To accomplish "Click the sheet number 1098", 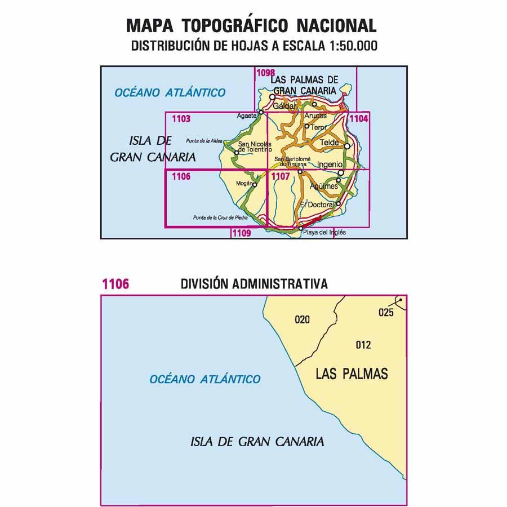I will point(265,72).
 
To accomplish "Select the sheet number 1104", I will point(359,119).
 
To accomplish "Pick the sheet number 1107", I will point(281,176).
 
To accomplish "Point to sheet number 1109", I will point(241,232).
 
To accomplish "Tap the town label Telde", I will point(330,143).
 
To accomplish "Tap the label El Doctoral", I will point(317,204).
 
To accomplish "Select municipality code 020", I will point(303,320).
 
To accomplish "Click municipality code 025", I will point(386,313).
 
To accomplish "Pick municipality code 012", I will point(364,345).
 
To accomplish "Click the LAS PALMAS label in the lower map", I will point(352,373).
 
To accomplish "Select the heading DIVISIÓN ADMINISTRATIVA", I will point(254,283).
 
